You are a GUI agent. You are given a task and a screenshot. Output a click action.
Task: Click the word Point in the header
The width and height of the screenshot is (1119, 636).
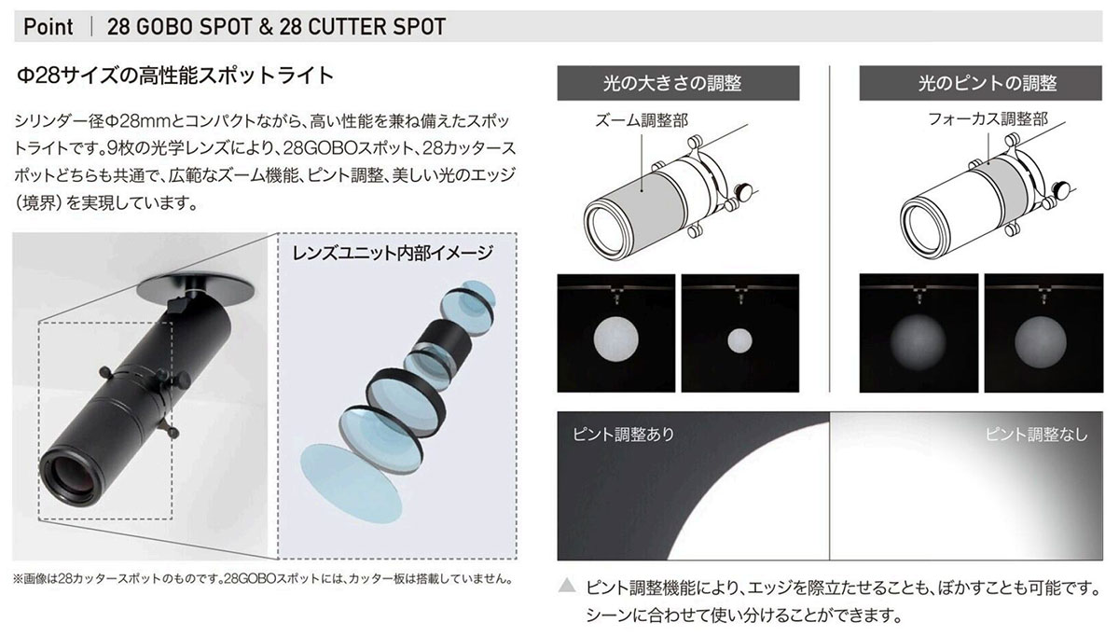pyautogui.click(x=48, y=26)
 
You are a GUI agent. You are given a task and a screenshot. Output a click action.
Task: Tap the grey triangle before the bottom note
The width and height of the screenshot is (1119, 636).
pyautogui.click(x=567, y=588)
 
